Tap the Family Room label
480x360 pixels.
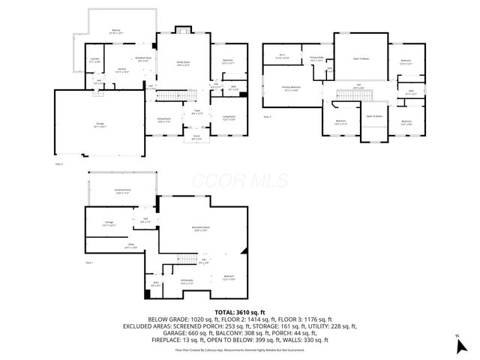(x=183, y=64)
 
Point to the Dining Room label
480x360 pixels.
(x=163, y=119)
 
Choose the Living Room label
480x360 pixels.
(x=226, y=118)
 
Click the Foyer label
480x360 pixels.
(x=197, y=112)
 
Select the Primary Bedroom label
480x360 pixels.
(x=290, y=88)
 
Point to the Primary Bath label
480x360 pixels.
(x=316, y=58)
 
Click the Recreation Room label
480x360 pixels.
(x=200, y=226)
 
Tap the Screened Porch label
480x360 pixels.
(x=122, y=193)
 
